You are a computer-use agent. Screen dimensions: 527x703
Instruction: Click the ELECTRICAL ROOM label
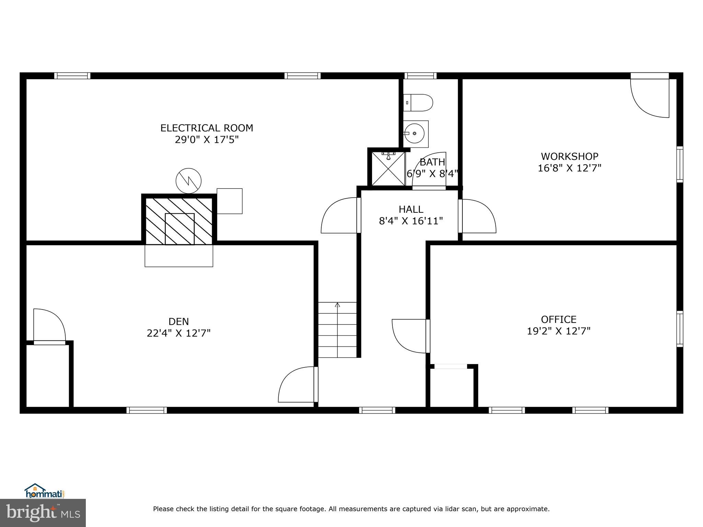(x=207, y=128)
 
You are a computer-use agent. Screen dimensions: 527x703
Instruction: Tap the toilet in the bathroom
(x=418, y=103)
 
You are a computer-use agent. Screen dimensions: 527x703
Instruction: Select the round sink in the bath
(x=415, y=133)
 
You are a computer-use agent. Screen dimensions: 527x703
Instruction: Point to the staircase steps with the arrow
(x=337, y=329)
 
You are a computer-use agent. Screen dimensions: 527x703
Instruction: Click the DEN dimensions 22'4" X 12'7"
(x=178, y=333)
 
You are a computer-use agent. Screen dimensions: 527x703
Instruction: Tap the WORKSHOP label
(x=569, y=156)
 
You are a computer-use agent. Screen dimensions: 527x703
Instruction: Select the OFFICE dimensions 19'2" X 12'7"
(x=558, y=331)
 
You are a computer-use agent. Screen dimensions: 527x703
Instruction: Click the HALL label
(x=411, y=209)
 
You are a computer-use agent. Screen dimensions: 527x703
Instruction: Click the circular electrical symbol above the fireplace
(x=188, y=180)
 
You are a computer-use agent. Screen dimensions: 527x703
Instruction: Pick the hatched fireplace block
(x=179, y=220)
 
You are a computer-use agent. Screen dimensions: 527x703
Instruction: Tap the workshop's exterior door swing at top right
(x=650, y=97)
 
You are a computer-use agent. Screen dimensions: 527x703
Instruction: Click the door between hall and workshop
(x=477, y=216)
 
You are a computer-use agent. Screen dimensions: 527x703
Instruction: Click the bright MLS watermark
(x=43, y=513)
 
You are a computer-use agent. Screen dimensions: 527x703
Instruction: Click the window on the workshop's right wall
(x=679, y=164)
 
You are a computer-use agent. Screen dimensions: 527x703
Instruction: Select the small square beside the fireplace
(x=229, y=201)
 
